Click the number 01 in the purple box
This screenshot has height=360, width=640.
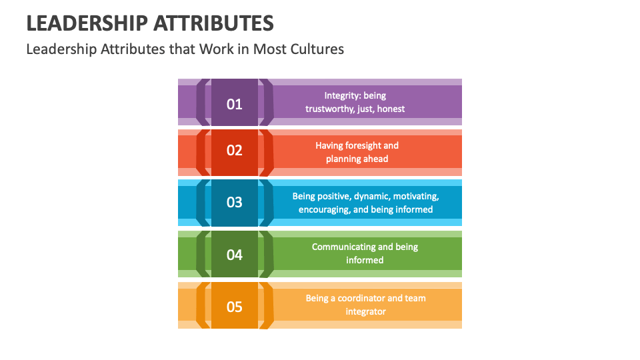point(234,104)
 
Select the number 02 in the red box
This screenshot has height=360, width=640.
point(234,151)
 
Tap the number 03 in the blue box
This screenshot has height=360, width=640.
point(234,202)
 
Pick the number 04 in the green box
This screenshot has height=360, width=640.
point(234,255)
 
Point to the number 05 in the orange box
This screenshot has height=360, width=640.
point(234,307)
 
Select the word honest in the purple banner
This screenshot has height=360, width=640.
point(391,109)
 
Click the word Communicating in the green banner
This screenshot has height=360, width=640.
point(343,247)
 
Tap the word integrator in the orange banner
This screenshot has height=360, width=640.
point(365,311)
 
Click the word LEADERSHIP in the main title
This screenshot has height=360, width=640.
point(87,24)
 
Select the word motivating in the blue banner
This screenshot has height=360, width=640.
point(417,196)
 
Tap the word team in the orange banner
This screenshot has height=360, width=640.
point(414,298)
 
